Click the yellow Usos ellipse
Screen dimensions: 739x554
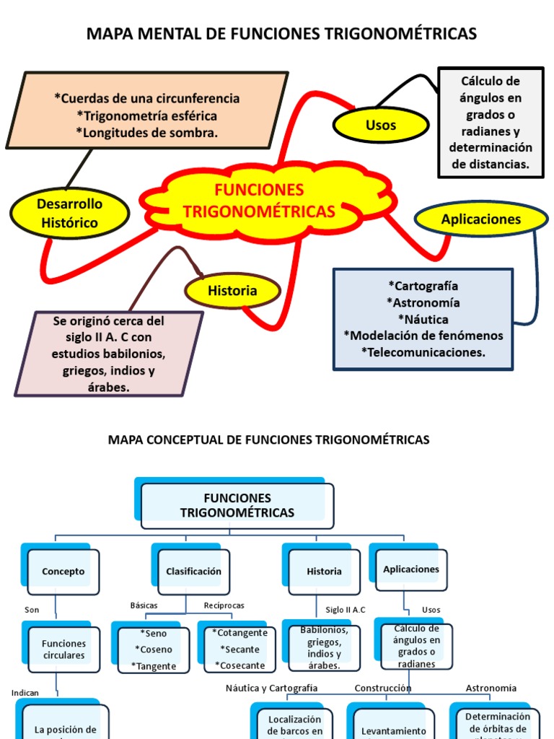(380, 125)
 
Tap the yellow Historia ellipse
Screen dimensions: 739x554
(232, 291)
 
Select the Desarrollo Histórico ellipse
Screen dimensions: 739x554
(70, 214)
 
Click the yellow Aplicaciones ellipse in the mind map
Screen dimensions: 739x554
(481, 219)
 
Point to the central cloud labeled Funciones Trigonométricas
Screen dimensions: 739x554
(259, 201)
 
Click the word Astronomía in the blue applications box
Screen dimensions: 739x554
(423, 302)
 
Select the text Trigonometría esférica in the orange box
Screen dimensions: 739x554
(146, 115)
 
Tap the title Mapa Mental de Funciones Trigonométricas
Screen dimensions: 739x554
(281, 34)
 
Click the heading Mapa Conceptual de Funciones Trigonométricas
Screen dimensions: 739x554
(268, 440)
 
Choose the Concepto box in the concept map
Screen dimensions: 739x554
(63, 571)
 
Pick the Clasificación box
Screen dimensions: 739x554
(193, 571)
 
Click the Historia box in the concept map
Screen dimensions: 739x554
(324, 571)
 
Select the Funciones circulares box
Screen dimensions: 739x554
(63, 650)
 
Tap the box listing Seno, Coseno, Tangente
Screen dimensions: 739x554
(154, 650)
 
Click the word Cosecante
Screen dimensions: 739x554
(242, 665)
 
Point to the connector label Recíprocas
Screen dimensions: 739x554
(224, 605)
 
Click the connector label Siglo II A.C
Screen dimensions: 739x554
(346, 610)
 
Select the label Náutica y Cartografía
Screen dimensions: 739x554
(271, 688)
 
